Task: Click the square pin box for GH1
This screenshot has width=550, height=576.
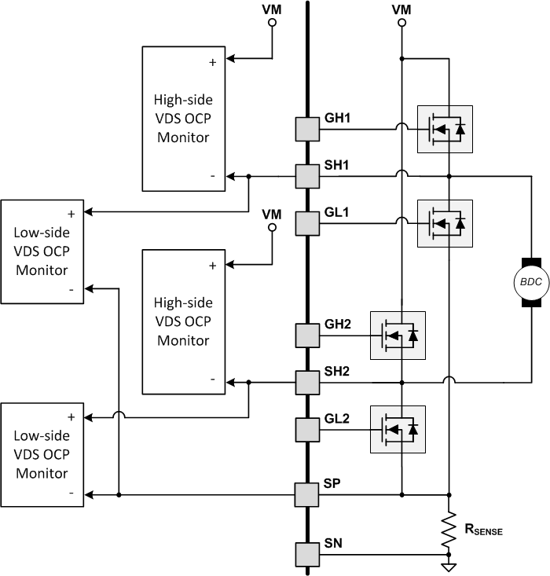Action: [306, 128]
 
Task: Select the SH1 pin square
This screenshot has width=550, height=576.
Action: [306, 176]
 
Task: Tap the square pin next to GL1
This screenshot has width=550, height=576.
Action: [306, 222]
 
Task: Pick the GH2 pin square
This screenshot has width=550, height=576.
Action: [306, 336]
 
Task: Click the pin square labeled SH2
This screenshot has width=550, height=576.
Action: [306, 383]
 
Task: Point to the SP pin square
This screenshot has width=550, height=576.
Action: [306, 495]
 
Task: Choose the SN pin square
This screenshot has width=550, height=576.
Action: [306, 554]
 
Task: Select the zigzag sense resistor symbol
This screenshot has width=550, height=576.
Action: [449, 532]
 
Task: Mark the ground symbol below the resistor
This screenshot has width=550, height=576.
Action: [449, 564]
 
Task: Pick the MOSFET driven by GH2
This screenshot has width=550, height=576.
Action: [398, 336]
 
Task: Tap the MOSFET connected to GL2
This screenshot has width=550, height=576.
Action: [398, 429]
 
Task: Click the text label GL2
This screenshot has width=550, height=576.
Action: [337, 419]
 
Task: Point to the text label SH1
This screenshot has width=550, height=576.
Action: [337, 166]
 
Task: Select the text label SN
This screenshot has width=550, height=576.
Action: [333, 543]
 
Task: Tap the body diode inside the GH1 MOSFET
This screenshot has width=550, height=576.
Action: [460, 128]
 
